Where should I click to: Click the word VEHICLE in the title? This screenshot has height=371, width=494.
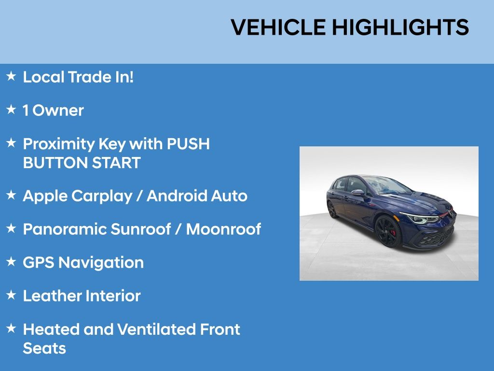click(x=278, y=27)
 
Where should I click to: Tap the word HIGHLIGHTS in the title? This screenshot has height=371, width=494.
click(x=400, y=27)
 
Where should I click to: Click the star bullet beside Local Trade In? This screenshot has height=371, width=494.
click(x=11, y=76)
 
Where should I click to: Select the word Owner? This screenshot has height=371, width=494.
click(x=58, y=111)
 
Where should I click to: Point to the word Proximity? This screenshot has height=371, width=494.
click(x=58, y=144)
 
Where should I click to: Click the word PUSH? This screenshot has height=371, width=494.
click(x=188, y=144)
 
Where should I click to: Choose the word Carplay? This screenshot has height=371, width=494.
click(x=102, y=196)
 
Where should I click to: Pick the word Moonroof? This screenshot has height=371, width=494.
click(x=223, y=229)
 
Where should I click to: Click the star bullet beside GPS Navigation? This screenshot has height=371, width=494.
click(x=11, y=261)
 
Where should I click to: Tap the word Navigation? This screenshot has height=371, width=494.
click(x=101, y=263)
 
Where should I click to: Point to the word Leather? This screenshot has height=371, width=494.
click(x=52, y=296)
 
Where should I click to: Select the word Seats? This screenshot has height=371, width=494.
click(x=44, y=348)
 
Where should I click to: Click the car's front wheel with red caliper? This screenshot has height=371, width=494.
click(x=388, y=231)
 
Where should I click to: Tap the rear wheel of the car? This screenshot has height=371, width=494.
click(x=332, y=210)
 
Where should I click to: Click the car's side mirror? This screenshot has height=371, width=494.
click(x=358, y=192)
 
